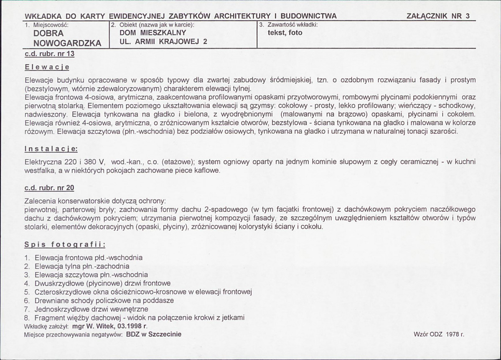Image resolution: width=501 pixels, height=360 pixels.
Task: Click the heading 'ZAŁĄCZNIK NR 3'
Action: coord(438,16)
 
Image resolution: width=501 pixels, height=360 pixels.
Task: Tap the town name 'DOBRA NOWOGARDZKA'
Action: coord(67,38)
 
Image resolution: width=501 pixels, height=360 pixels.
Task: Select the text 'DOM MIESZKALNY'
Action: coord(153,33)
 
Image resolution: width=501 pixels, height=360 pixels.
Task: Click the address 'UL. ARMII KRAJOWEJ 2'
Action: coord(163,41)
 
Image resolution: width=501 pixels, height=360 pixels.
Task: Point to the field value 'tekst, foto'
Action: coord(285,33)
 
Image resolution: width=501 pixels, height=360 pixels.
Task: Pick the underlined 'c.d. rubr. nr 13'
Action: coord(49,54)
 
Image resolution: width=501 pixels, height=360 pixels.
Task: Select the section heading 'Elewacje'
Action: coord(46,67)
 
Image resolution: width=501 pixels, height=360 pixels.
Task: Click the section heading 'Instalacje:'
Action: coord(51,149)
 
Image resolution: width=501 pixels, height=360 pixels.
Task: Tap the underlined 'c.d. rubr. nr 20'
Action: coord(49,188)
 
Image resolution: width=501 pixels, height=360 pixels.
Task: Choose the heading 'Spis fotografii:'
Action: coord(65,244)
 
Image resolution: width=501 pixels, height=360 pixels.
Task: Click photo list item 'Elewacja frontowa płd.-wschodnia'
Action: coord(89,258)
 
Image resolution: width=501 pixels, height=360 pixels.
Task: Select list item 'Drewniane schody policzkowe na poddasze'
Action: coord(104,300)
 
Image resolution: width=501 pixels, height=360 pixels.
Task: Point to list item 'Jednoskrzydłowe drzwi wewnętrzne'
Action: coord(92,309)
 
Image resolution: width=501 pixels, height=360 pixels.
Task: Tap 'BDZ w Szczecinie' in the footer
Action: coord(153,335)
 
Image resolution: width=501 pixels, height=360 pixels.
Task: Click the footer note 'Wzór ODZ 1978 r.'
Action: coord(438,335)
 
